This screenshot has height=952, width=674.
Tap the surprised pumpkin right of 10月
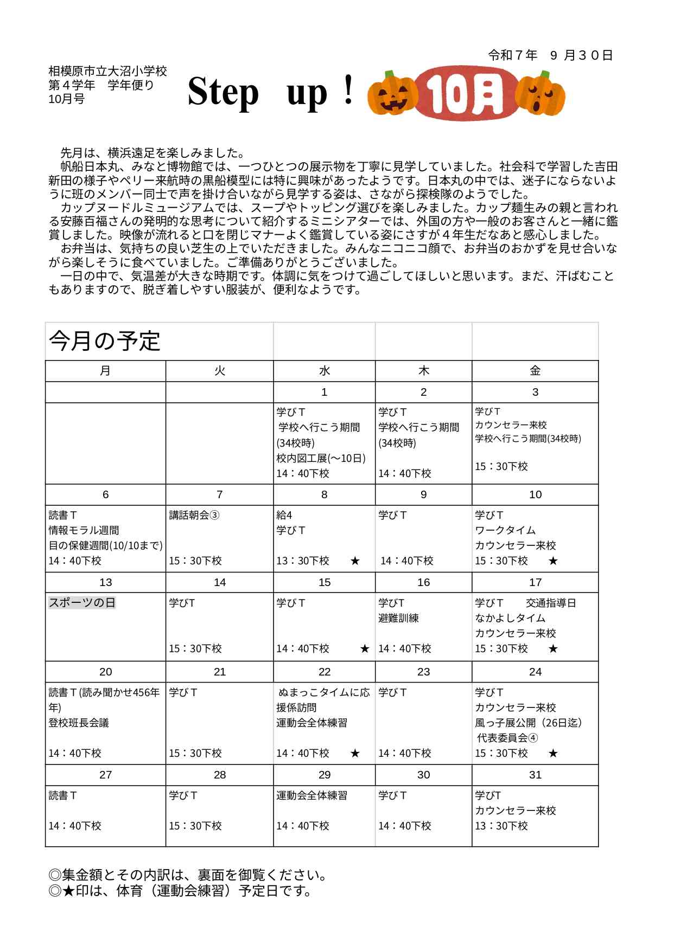pyautogui.click(x=540, y=94)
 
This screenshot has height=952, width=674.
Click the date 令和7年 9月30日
pyautogui.click(x=550, y=55)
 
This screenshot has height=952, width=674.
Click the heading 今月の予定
pyautogui.click(x=105, y=342)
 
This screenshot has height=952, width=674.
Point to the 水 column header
pyautogui.click(x=324, y=371)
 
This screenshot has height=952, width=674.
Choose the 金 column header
pyautogui.click(x=535, y=371)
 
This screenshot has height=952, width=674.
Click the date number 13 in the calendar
pyautogui.click(x=105, y=582)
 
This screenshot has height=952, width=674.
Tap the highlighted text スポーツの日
pyautogui.click(x=82, y=603)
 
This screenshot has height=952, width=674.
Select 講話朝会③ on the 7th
pyautogui.click(x=194, y=515)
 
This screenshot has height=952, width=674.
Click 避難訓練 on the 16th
pyautogui.click(x=398, y=618)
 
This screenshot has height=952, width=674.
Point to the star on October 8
pyautogui.click(x=355, y=561)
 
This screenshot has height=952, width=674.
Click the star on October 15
pyautogui.click(x=365, y=648)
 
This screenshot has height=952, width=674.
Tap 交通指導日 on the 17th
pyautogui.click(x=551, y=603)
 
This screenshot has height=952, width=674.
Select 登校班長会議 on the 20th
pyautogui.click(x=79, y=723)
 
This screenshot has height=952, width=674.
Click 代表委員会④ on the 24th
pyautogui.click(x=507, y=738)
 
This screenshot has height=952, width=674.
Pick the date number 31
pyautogui.click(x=535, y=775)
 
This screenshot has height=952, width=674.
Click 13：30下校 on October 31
pyautogui.click(x=501, y=826)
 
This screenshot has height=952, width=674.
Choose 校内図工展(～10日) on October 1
pyautogui.click(x=321, y=458)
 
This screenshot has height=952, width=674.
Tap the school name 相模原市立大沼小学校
pyautogui.click(x=107, y=71)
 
